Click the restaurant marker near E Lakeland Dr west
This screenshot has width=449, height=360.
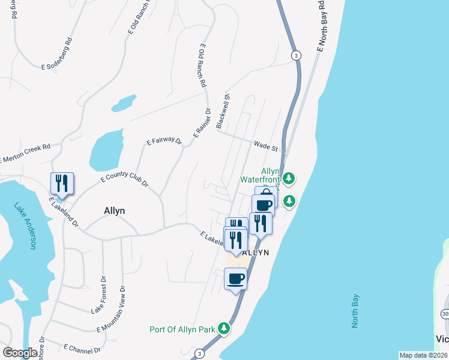point(62,183)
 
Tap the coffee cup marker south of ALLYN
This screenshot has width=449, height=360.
point(235,278)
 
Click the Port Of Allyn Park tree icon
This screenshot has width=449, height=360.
point(224,328)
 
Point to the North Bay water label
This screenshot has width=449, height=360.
point(355,311)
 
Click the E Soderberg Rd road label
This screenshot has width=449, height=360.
point(57,55)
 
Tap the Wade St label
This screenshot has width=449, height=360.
point(267,146)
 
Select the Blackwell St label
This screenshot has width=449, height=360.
point(223,110)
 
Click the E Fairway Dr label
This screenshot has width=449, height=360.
point(164,141)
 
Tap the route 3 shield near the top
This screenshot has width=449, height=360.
point(296,55)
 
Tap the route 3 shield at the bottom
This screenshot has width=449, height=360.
point(199,354)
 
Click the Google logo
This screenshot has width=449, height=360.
point(20,353)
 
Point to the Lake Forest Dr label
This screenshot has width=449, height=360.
point(98,295)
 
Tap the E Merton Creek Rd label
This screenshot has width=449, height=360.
point(25,154)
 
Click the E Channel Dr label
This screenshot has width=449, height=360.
point(82,346)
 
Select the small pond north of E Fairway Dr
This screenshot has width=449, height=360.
point(123,103)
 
